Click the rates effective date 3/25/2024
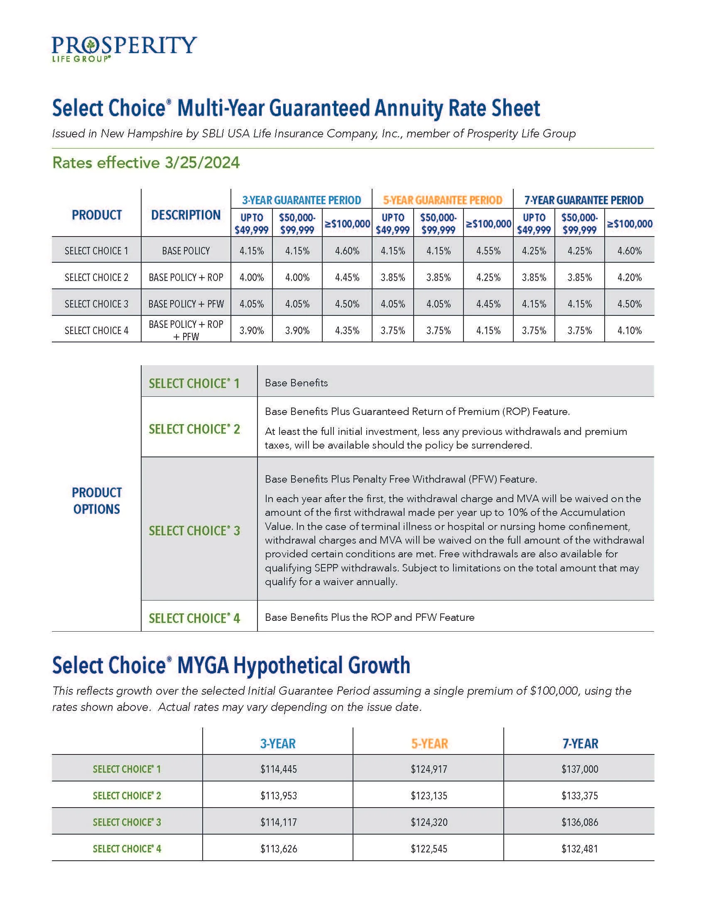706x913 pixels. click(202, 163)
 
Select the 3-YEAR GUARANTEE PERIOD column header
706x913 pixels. click(301, 200)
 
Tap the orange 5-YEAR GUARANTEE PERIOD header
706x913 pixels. click(443, 200)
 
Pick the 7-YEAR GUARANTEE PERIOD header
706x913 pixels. click(584, 200)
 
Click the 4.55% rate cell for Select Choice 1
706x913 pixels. click(488, 251)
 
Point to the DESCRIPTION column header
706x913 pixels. click(186, 215)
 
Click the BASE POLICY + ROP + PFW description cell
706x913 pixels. click(186, 330)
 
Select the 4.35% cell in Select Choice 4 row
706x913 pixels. click(347, 330)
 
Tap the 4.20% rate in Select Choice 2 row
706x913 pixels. click(630, 277)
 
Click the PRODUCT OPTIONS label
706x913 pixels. click(97, 500)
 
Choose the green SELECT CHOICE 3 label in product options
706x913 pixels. click(194, 530)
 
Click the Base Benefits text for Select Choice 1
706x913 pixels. click(296, 383)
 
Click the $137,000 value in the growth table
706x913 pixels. click(580, 769)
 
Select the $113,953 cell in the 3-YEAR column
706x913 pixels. click(279, 796)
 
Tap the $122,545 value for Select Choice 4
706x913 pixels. click(429, 849)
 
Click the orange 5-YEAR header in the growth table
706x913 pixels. click(429, 744)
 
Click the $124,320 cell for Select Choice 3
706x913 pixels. click(429, 822)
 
